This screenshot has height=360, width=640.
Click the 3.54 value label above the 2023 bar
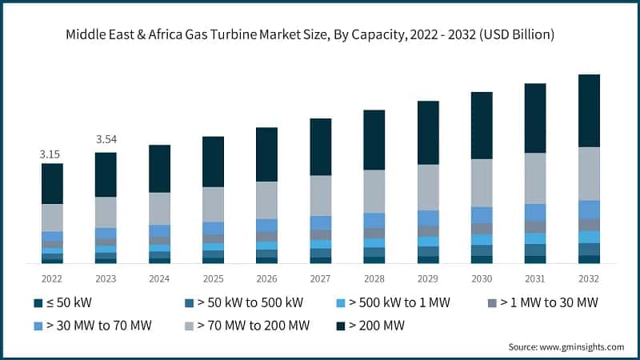point(106,140)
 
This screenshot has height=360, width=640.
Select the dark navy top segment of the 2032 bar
point(589,110)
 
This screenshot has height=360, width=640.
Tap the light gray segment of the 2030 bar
point(482,182)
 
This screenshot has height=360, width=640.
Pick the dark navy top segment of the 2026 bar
point(266,154)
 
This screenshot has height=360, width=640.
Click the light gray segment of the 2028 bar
point(374,190)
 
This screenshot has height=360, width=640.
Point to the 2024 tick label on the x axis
point(159,278)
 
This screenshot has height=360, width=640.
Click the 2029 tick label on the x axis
point(428,278)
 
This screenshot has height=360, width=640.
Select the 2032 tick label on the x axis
point(589,278)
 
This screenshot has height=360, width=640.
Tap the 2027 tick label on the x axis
point(321,278)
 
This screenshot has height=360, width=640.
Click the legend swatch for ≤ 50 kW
point(38,303)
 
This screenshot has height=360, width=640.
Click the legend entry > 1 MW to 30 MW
point(548,303)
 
